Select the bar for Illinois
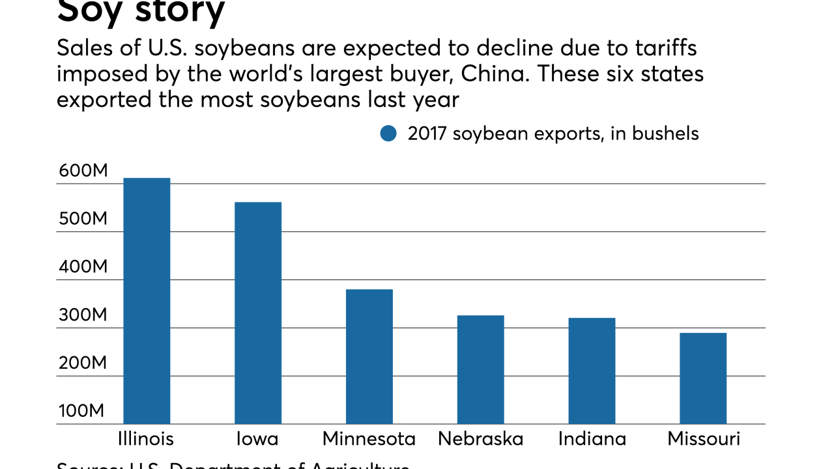[147, 301]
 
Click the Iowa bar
[258, 313]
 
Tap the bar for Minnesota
[369, 356]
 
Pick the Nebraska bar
[480, 369]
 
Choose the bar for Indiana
[592, 371]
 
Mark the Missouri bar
[703, 378]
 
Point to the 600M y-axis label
[82, 171]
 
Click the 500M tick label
[82, 219]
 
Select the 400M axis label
[82, 267]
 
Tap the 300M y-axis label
[82, 315]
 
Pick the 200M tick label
[82, 363]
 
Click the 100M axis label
[82, 412]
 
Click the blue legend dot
[388, 134]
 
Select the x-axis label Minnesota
[369, 439]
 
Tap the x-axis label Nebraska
[480, 439]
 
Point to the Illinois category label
[147, 439]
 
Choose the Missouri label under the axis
[704, 439]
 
